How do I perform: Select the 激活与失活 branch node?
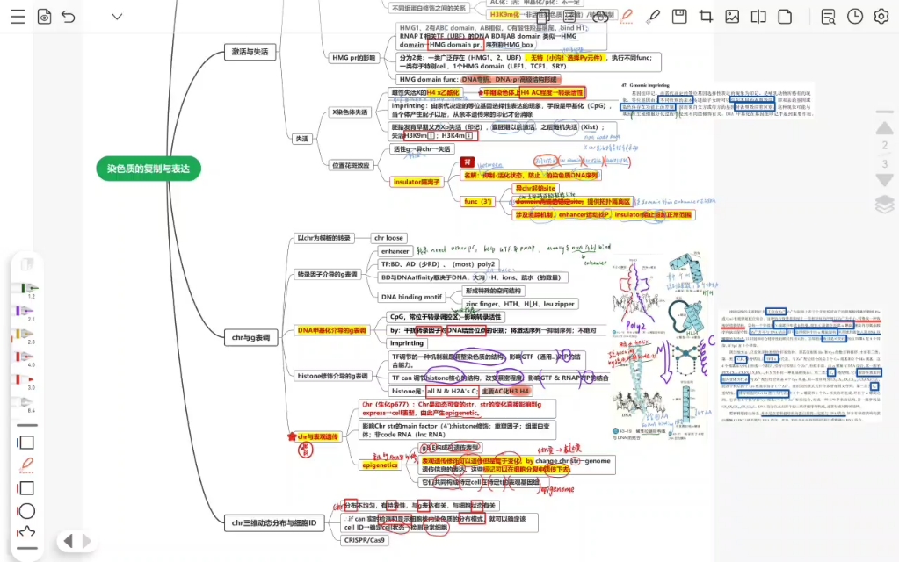click(x=250, y=52)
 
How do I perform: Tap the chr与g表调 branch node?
click(x=250, y=336)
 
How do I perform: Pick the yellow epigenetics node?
click(x=380, y=465)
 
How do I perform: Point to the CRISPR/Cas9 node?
click(x=364, y=540)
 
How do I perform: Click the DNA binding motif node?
click(x=410, y=297)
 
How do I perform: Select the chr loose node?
click(x=388, y=238)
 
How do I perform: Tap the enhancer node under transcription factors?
click(x=395, y=251)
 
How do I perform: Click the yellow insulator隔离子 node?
click(x=416, y=181)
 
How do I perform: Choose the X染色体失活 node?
click(x=350, y=112)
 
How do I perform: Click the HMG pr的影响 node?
click(x=353, y=57)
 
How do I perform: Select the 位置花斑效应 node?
click(x=351, y=165)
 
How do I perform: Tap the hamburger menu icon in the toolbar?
click(x=17, y=16)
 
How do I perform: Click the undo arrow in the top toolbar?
click(x=69, y=16)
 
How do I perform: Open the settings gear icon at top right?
click(x=881, y=16)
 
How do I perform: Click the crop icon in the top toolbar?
click(x=706, y=16)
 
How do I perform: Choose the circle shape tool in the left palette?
click(x=26, y=510)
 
